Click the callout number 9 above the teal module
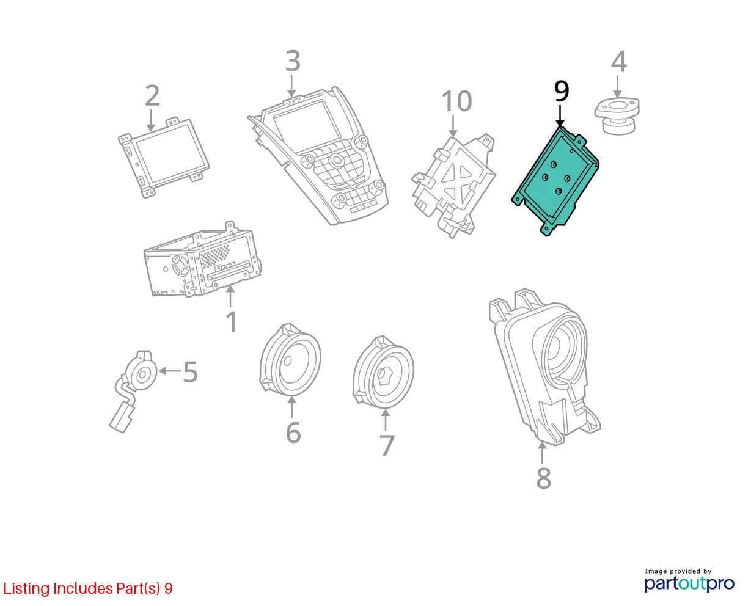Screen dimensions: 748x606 (561, 91)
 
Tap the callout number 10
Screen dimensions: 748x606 (456, 101)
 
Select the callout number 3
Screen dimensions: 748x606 (293, 60)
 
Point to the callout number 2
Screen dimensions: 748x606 (152, 95)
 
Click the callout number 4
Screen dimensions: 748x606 (618, 62)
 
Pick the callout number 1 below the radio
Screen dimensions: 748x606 (232, 321)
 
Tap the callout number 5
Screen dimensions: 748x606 (190, 371)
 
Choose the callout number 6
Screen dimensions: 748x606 (293, 433)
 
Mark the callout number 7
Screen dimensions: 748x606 (387, 445)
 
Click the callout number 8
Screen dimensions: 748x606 (544, 478)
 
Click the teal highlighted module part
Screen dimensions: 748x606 (555, 181)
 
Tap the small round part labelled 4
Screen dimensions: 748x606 (617, 116)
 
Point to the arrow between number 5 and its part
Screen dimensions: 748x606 (170, 370)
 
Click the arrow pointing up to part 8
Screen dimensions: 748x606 (542, 453)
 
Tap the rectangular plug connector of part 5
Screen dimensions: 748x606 (122, 418)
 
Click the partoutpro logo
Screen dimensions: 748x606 (689, 584)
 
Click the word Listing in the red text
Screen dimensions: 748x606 (26, 589)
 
